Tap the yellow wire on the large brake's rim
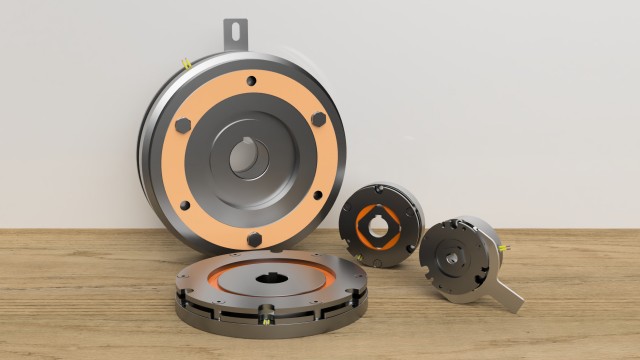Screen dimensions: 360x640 [187, 65]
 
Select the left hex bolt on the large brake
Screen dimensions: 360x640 [184, 126]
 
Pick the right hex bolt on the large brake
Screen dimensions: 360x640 [318, 119]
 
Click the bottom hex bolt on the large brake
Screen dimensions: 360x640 [255, 239]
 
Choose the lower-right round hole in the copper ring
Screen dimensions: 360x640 [318, 196]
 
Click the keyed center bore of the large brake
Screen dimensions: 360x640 [247, 158]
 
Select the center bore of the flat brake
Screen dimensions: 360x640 [271, 275]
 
